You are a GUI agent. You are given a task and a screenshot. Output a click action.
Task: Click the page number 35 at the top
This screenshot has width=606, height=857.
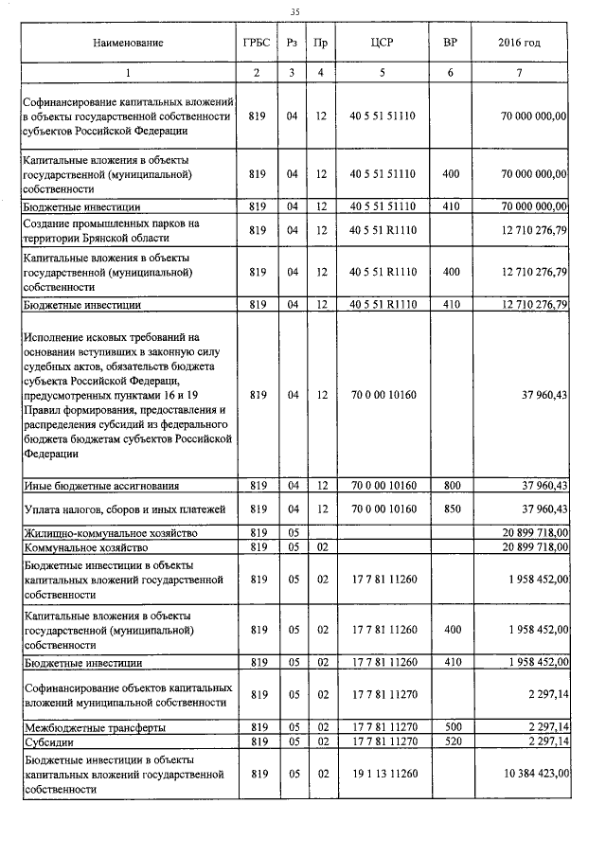(294, 10)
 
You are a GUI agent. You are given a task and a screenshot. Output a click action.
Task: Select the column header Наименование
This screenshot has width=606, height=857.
(128, 44)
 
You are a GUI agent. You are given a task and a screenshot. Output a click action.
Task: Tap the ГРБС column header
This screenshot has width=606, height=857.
(256, 44)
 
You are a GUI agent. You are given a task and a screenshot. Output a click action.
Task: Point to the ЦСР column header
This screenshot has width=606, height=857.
(383, 44)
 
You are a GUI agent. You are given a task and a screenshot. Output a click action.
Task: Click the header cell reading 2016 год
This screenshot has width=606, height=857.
(519, 44)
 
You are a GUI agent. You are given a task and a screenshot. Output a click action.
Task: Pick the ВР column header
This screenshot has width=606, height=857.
(451, 44)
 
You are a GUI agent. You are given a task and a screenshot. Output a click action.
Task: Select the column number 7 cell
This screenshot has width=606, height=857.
(519, 73)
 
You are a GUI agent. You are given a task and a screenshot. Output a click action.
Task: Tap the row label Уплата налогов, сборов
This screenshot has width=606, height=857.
(123, 509)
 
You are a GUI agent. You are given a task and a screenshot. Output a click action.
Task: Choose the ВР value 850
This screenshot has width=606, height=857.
(451, 509)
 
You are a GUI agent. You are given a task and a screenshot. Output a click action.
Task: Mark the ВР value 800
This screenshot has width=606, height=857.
(451, 486)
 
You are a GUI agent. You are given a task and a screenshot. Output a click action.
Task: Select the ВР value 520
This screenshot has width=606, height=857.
(451, 741)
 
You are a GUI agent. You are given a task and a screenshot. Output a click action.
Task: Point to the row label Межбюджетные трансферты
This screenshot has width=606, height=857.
(95, 727)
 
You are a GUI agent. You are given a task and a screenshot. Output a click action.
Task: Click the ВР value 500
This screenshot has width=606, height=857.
(451, 727)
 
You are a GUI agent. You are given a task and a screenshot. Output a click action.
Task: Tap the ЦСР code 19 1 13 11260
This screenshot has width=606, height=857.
(383, 774)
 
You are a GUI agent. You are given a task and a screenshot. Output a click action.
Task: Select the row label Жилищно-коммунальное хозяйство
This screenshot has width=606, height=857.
(114, 533)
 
